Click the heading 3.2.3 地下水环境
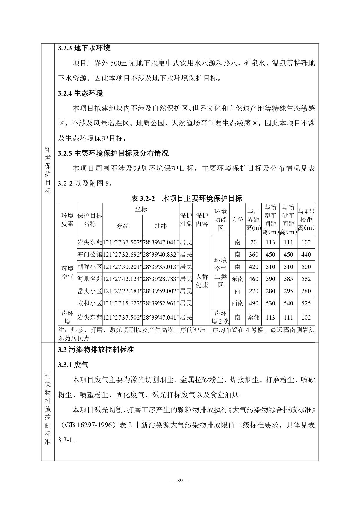point(84,48)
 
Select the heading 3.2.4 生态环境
point(80,93)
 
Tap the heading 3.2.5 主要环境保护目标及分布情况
point(113,153)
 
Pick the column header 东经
point(122,226)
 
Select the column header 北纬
point(160,226)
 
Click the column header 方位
point(238,220)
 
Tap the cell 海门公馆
point(90,255)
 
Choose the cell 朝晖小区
point(90,267)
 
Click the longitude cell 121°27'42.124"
point(122,279)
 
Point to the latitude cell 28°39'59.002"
point(160,291)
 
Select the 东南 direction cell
point(238,279)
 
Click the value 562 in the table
point(306,279)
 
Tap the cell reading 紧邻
point(253,318)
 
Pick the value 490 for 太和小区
point(253,303)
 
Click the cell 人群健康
point(202,281)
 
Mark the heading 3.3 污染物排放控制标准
point(96,350)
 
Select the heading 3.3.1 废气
point(73,365)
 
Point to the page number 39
point(180,481)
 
